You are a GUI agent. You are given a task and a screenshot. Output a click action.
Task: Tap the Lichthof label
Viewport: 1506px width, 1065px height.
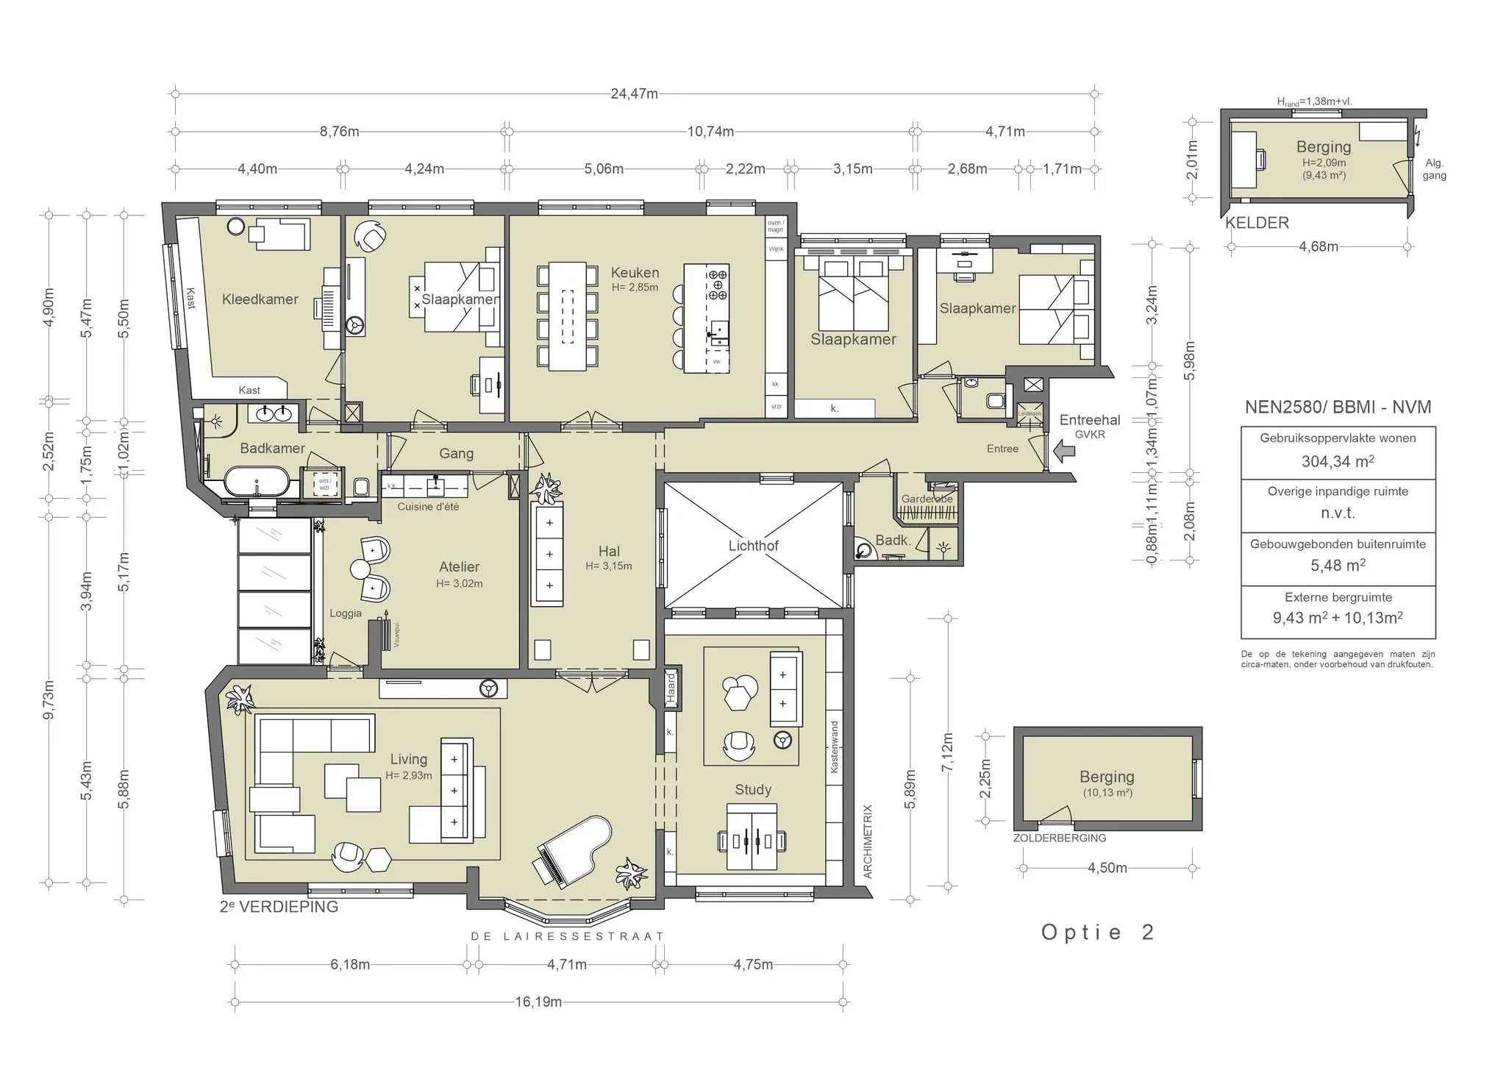pyautogui.click(x=753, y=546)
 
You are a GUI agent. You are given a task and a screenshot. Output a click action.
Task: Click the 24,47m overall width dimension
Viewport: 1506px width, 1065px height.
pyautogui.click(x=634, y=94)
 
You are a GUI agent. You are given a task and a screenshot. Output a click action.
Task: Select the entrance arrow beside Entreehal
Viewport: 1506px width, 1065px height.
pyautogui.click(x=1063, y=450)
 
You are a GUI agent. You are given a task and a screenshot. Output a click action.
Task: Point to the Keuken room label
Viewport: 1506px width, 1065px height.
pyautogui.click(x=635, y=273)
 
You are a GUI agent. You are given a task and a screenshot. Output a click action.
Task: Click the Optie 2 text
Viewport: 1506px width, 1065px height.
pyautogui.click(x=1098, y=932)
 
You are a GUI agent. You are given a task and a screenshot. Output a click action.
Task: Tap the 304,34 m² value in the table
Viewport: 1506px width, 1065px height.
pyautogui.click(x=1338, y=461)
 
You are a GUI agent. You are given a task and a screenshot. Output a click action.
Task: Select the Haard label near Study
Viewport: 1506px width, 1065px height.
pyautogui.click(x=671, y=687)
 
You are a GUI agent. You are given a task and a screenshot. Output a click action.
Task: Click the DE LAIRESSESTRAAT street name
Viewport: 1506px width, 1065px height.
pyautogui.click(x=568, y=936)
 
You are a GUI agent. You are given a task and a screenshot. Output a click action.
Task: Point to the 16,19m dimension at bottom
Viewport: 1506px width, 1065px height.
pyautogui.click(x=538, y=1002)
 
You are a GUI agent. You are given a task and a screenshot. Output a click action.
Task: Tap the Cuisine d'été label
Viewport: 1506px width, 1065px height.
pyautogui.click(x=428, y=507)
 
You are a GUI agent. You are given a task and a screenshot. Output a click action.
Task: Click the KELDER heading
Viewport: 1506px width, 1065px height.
pyautogui.click(x=1257, y=223)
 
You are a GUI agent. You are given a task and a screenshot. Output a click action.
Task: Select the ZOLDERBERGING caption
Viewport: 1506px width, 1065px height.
pyautogui.click(x=1059, y=838)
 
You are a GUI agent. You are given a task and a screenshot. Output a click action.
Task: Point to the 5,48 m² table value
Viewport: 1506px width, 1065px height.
pyautogui.click(x=1338, y=566)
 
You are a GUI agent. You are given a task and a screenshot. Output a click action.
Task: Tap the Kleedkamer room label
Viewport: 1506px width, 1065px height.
pyautogui.click(x=260, y=299)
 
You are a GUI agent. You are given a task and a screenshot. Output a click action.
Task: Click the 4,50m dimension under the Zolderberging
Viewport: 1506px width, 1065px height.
pyautogui.click(x=1107, y=868)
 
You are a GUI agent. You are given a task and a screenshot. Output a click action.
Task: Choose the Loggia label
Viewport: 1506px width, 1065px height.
pyautogui.click(x=346, y=613)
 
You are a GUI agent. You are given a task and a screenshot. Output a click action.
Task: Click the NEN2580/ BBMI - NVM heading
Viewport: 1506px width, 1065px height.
pyautogui.click(x=1338, y=407)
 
